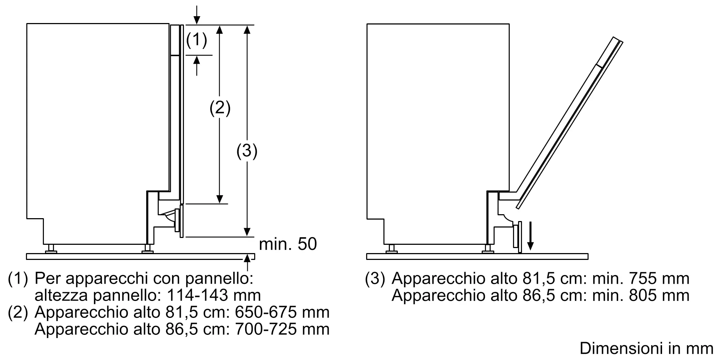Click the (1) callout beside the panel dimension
point(197,40)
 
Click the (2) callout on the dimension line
point(220,108)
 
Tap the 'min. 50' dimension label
point(288,244)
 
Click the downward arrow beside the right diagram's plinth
point(530,236)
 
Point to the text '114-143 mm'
point(214,295)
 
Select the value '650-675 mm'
point(282,312)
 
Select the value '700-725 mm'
point(282,329)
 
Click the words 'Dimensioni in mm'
point(647,348)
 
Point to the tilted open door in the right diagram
point(569,122)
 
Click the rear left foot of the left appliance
point(50,248)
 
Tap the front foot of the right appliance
point(488,248)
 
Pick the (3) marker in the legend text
point(375,279)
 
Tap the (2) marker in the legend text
point(18,312)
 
